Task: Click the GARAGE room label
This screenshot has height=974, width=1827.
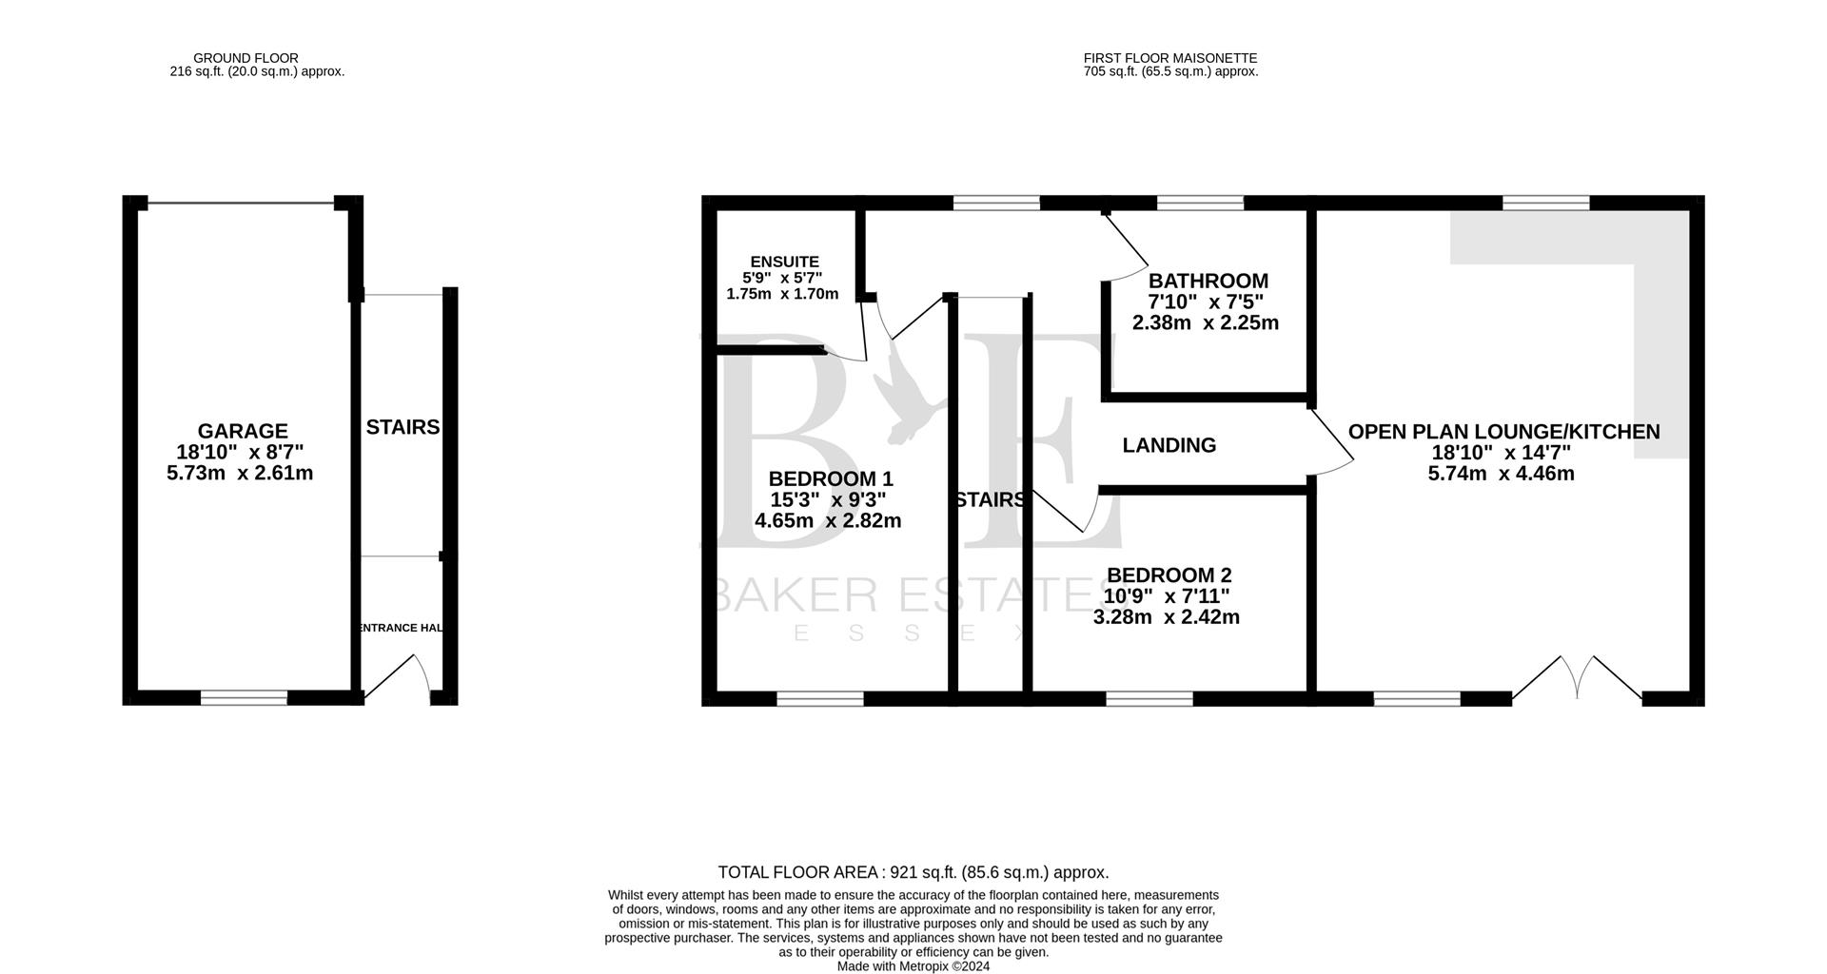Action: tap(242, 431)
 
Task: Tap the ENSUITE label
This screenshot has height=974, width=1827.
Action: tap(784, 262)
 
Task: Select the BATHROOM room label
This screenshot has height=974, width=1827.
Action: tap(1208, 281)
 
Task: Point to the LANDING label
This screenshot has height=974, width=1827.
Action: tap(1169, 445)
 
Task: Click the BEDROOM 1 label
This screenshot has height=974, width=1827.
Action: tap(831, 478)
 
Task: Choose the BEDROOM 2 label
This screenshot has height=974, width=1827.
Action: tap(1169, 575)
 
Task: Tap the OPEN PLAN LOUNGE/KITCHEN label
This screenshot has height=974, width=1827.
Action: tap(1503, 432)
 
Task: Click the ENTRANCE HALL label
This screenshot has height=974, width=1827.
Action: tap(401, 628)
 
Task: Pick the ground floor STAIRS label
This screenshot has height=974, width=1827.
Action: tap(403, 427)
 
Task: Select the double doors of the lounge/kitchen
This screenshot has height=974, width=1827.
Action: tap(1577, 677)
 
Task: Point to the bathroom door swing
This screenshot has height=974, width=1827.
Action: tap(1128, 247)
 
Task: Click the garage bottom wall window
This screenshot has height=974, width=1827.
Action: tap(244, 698)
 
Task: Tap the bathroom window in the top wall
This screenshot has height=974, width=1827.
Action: tap(1200, 202)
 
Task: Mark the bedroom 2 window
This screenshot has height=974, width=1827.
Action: tap(1149, 698)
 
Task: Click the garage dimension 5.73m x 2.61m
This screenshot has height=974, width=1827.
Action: tap(240, 473)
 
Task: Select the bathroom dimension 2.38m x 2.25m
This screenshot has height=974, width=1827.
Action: tap(1205, 322)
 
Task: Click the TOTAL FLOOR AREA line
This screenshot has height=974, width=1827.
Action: tap(913, 872)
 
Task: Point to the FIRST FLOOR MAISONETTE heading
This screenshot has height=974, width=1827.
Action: tap(1170, 58)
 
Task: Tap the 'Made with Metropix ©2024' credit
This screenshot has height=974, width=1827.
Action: tap(913, 965)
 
